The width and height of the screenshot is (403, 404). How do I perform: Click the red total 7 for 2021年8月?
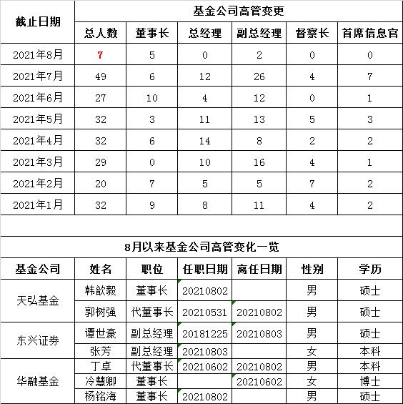coord(101,54)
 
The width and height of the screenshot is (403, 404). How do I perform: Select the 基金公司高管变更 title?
coord(238,11)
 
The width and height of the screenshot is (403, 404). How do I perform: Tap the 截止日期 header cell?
coord(39,21)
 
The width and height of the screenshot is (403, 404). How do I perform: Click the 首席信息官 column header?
coord(369,33)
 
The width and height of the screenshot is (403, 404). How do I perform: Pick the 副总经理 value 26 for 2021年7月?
coord(260,76)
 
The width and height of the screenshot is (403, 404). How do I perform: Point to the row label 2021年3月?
coord(39,162)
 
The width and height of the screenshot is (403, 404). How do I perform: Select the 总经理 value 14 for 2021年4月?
coord(205,140)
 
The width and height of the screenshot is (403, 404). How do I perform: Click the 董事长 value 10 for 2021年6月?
coord(151,97)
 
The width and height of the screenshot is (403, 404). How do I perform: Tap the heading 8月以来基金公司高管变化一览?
coord(201,247)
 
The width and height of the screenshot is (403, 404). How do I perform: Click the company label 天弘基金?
coord(39,301)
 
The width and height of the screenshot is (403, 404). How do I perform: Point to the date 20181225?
coord(204,333)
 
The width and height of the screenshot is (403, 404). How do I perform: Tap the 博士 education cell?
coord(369,381)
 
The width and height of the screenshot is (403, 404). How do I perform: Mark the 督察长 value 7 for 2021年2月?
coord(312,183)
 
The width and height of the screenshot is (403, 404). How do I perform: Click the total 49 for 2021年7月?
coord(101,76)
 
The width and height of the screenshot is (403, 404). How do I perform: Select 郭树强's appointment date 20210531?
coord(204,312)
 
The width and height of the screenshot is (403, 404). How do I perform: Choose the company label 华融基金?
coord(39,381)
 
